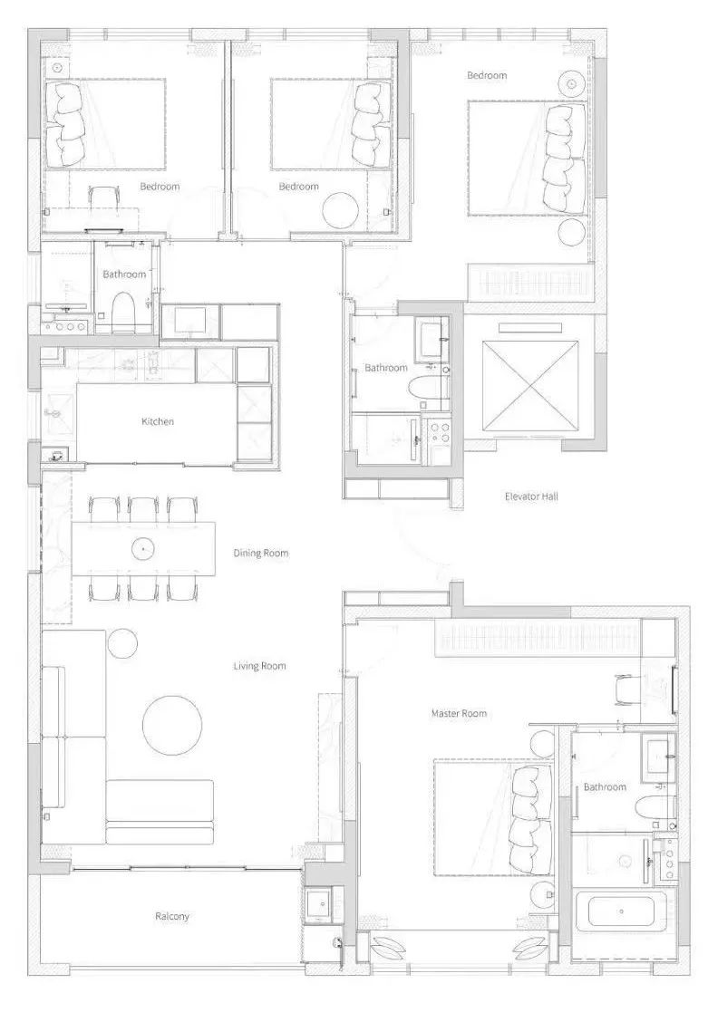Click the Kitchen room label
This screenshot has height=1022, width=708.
158,421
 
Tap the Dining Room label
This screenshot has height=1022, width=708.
261,554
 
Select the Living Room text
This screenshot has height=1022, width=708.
259,666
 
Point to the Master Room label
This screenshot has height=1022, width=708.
459,714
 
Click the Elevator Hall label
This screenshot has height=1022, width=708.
531,497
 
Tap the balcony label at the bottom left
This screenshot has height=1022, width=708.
172,916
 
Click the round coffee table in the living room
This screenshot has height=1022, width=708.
171,725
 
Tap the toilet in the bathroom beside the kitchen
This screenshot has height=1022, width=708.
123,312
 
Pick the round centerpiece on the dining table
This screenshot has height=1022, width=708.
142,549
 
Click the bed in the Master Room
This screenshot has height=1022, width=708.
493,817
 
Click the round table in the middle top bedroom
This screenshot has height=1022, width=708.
341,210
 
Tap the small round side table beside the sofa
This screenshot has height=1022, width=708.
122,643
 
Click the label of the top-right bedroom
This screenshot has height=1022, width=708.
486,75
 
